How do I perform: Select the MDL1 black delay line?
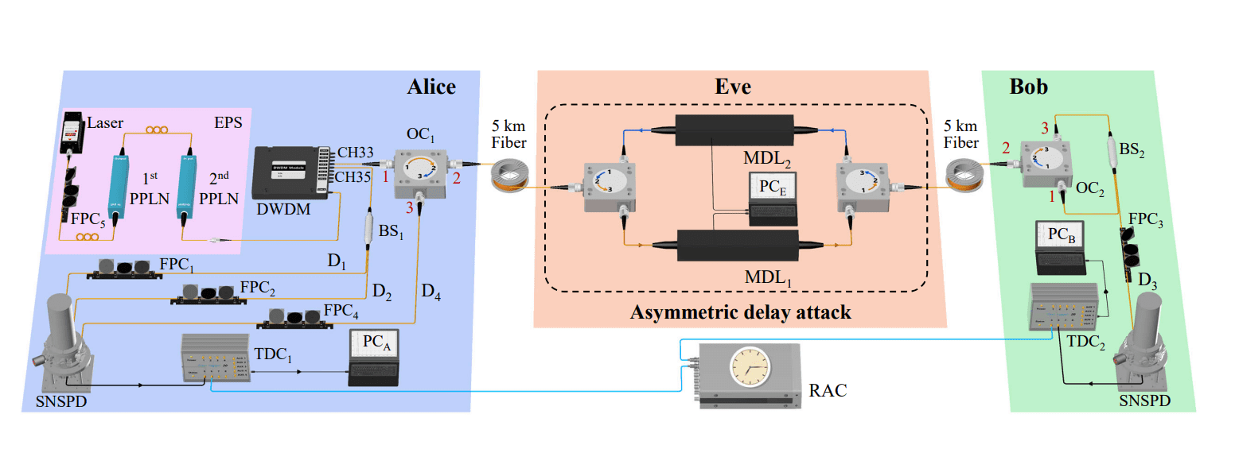(x=737, y=245)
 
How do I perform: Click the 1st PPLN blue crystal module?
(x=123, y=182)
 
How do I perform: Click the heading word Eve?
(x=732, y=87)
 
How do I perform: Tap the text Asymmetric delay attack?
(x=740, y=312)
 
